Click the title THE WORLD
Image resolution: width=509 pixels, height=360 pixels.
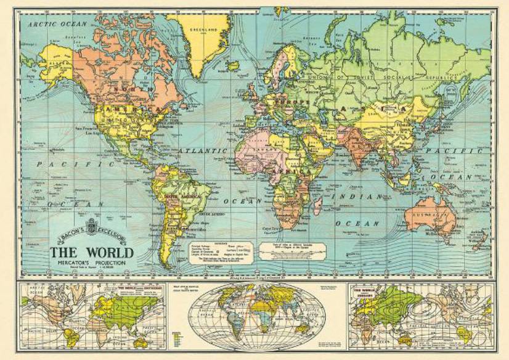pos(91,253)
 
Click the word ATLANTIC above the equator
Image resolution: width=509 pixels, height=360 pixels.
pos(203,150)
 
